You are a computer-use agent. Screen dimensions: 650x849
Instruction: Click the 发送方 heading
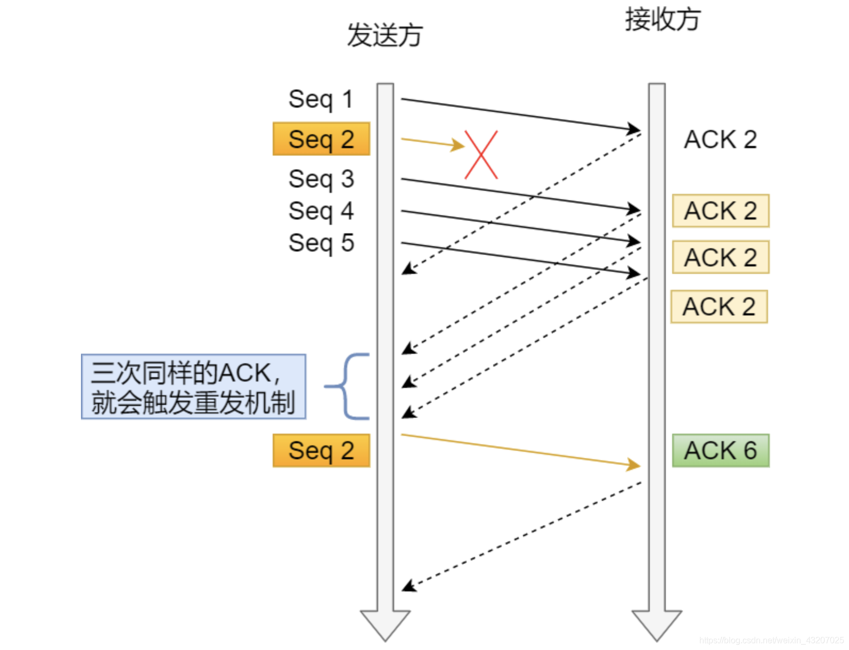click(385, 36)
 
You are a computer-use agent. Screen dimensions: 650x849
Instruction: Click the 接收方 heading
click(662, 20)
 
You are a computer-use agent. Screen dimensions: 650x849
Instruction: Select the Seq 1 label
click(321, 99)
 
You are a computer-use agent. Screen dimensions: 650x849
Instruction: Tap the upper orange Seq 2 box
click(321, 139)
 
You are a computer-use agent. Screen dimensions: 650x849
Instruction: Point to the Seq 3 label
click(321, 179)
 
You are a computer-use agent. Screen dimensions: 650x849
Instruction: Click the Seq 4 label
click(321, 211)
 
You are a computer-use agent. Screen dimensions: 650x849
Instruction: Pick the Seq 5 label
click(321, 243)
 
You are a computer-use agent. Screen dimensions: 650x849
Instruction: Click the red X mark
click(481, 155)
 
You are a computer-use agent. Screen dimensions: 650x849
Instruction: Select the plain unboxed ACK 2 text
click(720, 140)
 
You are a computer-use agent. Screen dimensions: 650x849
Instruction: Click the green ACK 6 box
click(720, 451)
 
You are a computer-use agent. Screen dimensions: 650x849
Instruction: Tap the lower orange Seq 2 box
click(321, 451)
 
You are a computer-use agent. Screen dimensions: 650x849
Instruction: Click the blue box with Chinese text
click(193, 387)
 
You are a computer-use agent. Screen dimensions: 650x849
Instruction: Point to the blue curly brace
click(347, 386)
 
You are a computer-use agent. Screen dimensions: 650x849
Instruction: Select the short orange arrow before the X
click(432, 143)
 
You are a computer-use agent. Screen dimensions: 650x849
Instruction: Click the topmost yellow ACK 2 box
click(720, 211)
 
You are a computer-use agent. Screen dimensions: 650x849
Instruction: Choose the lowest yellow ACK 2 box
click(719, 307)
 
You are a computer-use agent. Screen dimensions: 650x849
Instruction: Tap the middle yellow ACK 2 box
click(720, 257)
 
